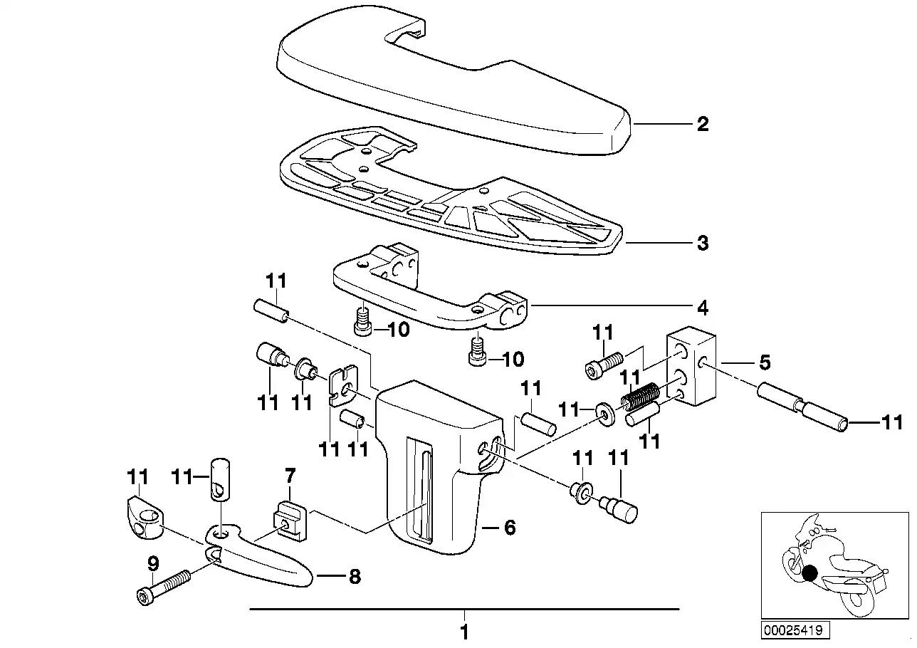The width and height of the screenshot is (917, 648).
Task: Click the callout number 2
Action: click(703, 124)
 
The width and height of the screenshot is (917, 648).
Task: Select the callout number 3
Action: click(703, 243)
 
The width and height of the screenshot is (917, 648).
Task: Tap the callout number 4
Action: click(703, 308)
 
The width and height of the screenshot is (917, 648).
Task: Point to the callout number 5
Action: click(765, 362)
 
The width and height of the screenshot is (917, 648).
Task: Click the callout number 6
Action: click(510, 528)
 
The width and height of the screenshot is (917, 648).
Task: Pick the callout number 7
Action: click(290, 476)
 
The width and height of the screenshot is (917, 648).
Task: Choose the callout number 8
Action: click(355, 577)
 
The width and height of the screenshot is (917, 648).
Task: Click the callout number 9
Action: click(152, 564)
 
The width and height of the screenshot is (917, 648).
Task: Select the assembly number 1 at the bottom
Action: click(464, 632)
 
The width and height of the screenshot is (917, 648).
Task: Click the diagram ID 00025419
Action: click(793, 630)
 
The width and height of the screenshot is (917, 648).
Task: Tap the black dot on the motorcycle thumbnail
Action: click(809, 573)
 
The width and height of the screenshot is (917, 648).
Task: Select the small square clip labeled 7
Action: click(290, 521)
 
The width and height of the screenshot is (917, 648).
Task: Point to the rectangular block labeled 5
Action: click(691, 365)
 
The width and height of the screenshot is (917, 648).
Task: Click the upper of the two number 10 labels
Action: click(398, 329)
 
